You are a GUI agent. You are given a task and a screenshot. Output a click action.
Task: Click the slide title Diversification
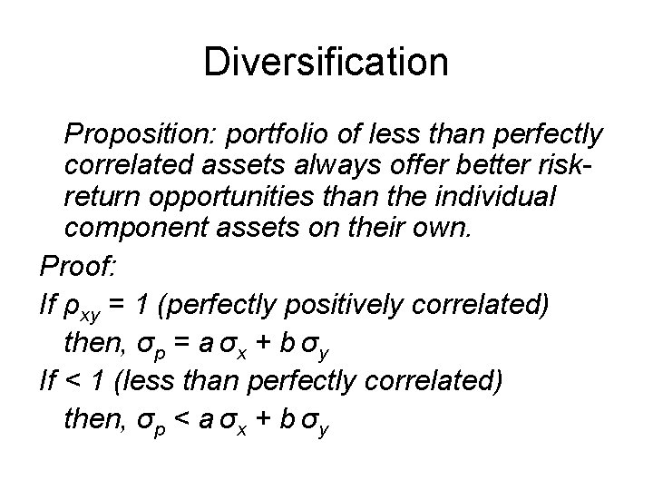pos(326,63)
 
